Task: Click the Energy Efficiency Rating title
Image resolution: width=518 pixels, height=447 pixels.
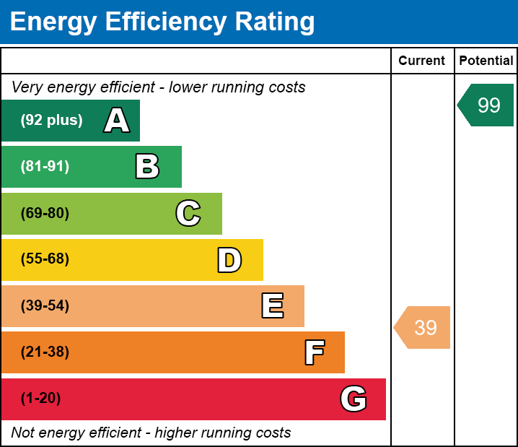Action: pyautogui.click(x=162, y=22)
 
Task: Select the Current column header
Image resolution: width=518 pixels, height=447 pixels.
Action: pyautogui.click(x=422, y=61)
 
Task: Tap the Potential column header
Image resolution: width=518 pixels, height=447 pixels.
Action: pyautogui.click(x=486, y=61)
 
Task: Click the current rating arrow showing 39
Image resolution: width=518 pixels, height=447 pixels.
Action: pyautogui.click(x=423, y=327)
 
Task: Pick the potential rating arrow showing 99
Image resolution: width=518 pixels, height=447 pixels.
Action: pyautogui.click(x=487, y=105)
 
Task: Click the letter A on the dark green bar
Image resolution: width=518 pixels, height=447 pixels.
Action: pyautogui.click(x=117, y=121)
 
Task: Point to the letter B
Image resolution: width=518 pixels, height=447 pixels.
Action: pyautogui.click(x=147, y=167)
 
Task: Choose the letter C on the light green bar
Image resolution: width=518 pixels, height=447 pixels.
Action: pyautogui.click(x=188, y=213)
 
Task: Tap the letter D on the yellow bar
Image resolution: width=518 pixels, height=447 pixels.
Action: pyautogui.click(x=229, y=260)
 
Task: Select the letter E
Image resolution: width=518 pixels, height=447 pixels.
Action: pyautogui.click(x=272, y=306)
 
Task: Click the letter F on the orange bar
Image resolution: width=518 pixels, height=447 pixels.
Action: pyautogui.click(x=314, y=352)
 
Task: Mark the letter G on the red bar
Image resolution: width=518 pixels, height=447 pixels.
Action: pyautogui.click(x=354, y=399)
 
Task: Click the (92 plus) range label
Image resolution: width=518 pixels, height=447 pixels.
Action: pyautogui.click(x=51, y=121)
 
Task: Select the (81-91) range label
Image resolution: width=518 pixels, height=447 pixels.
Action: pyautogui.click(x=45, y=167)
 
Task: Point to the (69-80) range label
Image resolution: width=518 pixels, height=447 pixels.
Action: pyautogui.click(x=45, y=213)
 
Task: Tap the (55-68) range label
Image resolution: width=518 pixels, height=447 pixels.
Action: pyautogui.click(x=45, y=259)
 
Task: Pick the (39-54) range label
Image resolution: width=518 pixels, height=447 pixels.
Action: pyautogui.click(x=45, y=306)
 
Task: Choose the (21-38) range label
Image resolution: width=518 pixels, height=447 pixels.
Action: pyautogui.click(x=45, y=352)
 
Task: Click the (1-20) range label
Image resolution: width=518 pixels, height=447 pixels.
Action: pyautogui.click(x=41, y=399)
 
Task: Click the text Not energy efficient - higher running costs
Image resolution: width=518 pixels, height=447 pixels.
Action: pyautogui.click(x=151, y=433)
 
